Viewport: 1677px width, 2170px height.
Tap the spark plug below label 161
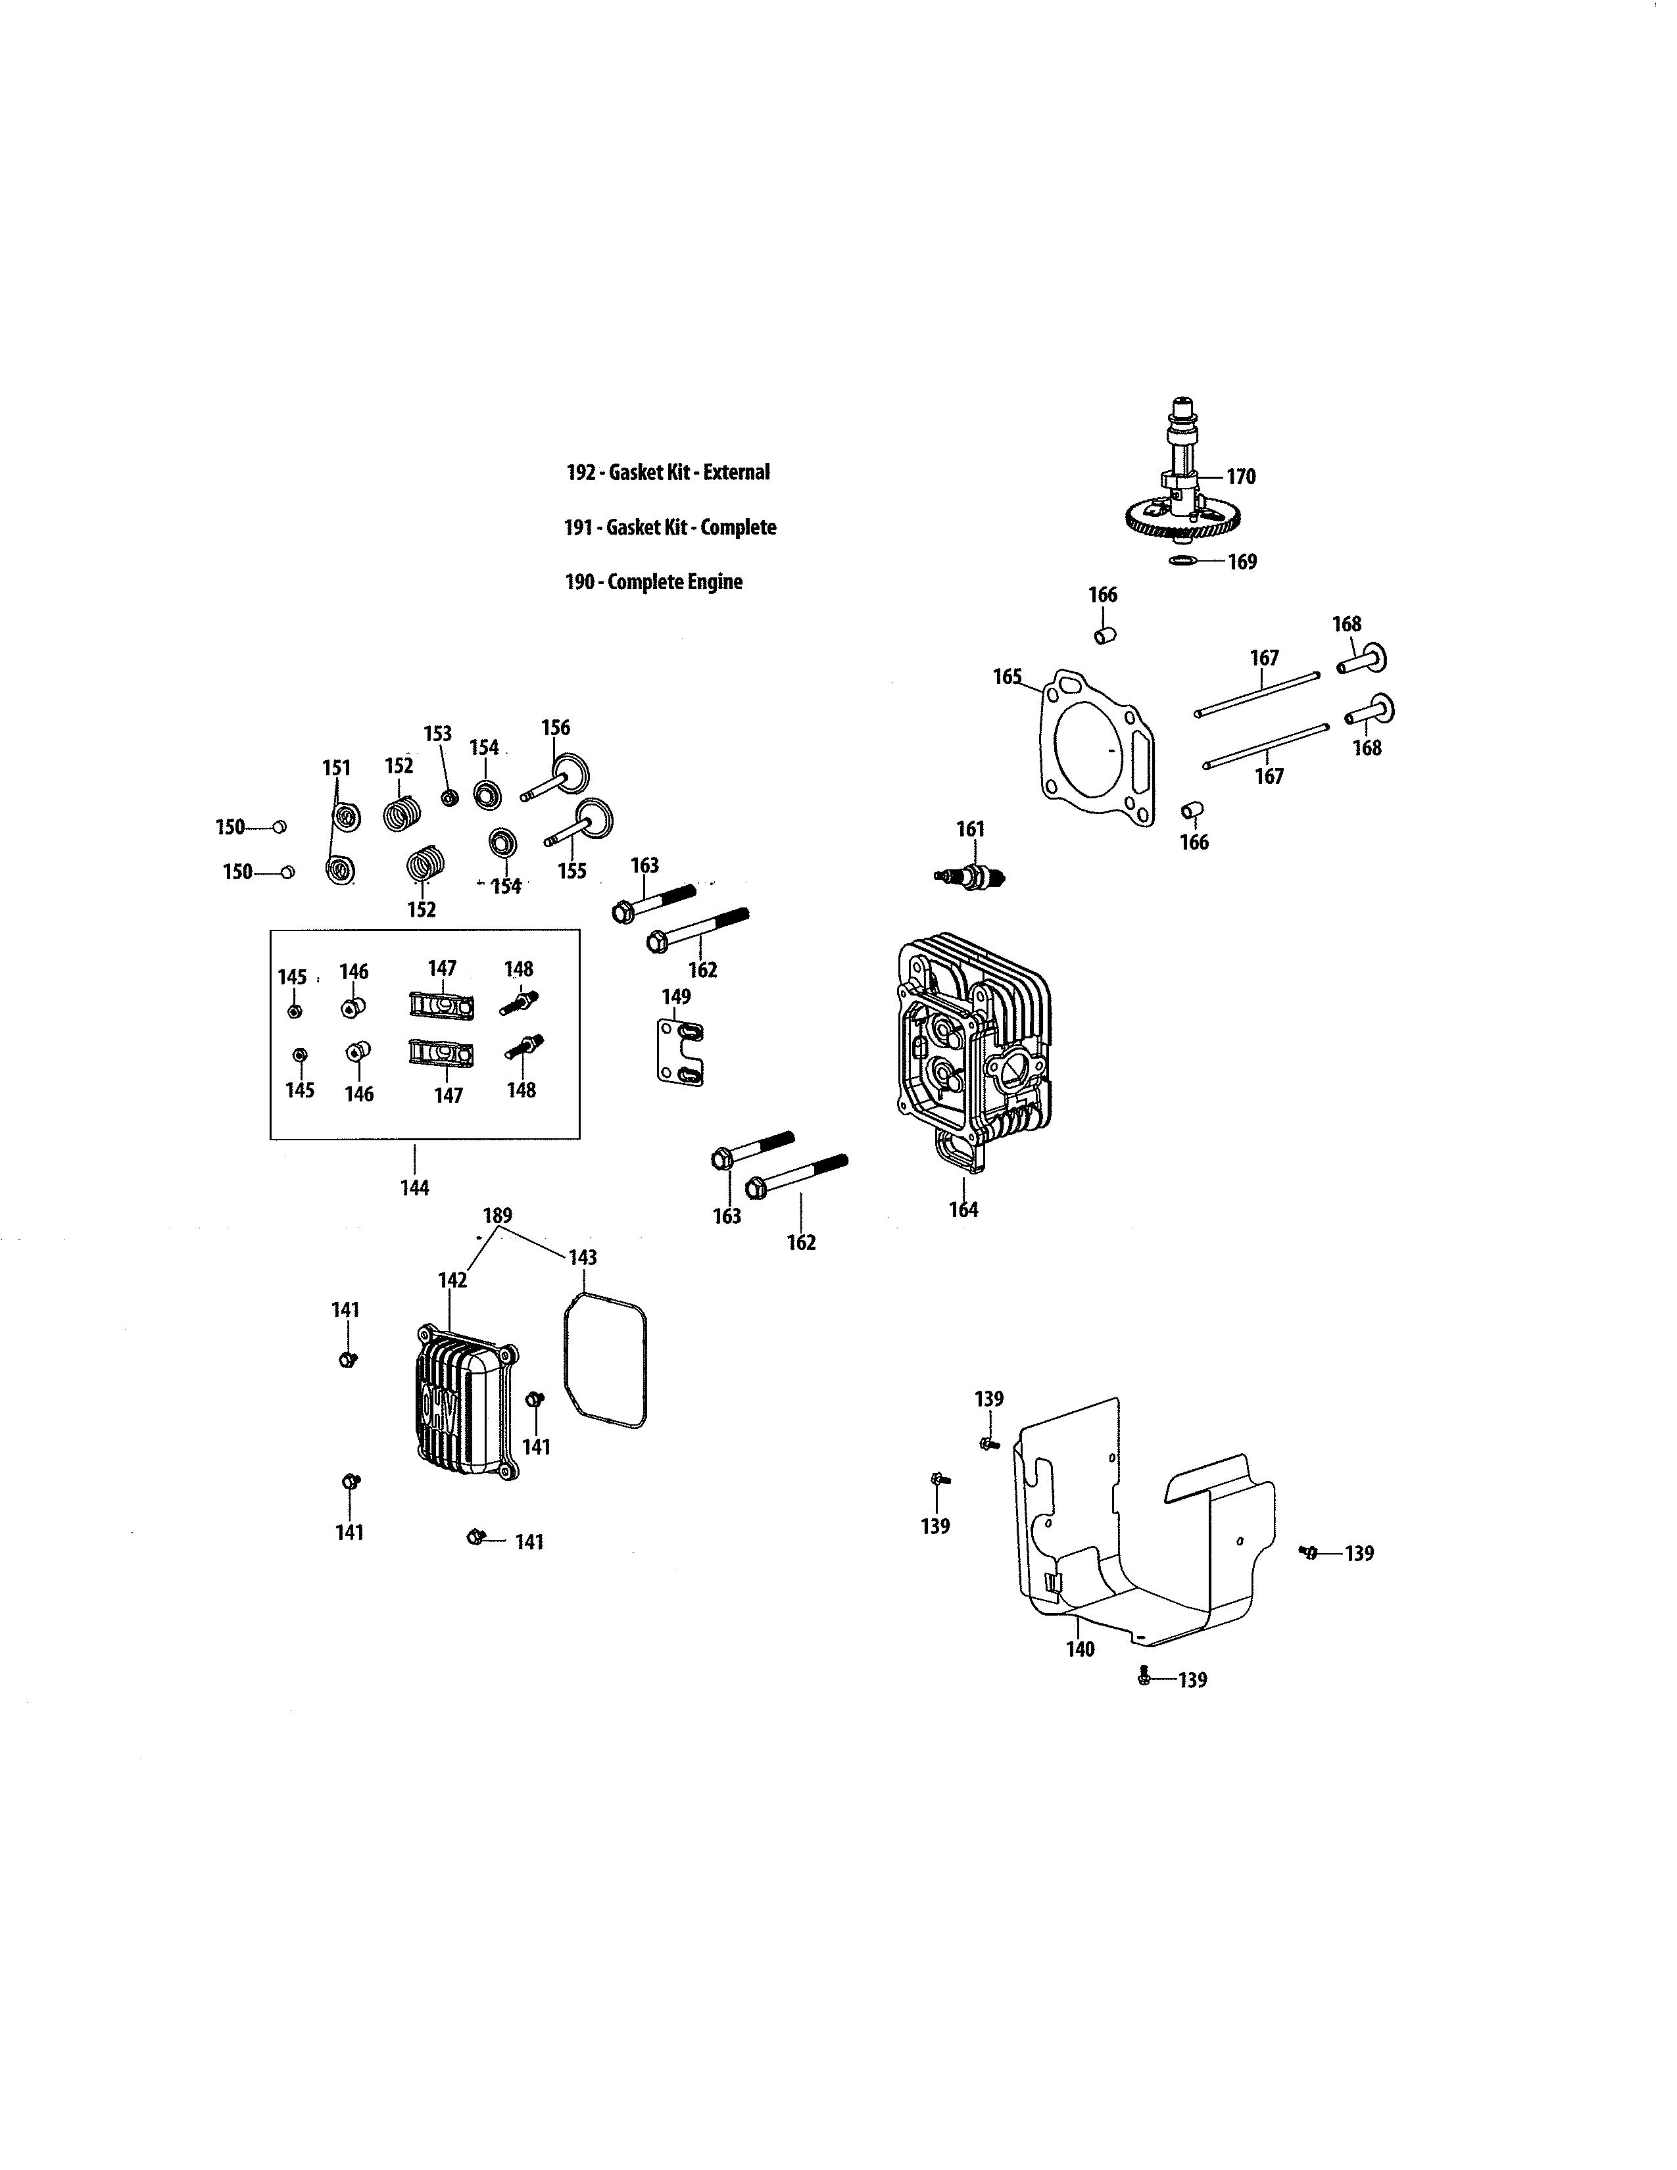click(971, 875)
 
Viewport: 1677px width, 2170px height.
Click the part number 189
click(498, 1216)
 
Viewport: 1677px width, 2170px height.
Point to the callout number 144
click(414, 1188)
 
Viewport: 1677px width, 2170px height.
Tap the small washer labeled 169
click(1182, 562)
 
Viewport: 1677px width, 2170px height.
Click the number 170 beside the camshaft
click(1241, 477)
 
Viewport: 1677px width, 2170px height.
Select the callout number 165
click(1008, 677)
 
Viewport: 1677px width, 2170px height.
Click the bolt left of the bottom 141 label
click(476, 1538)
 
